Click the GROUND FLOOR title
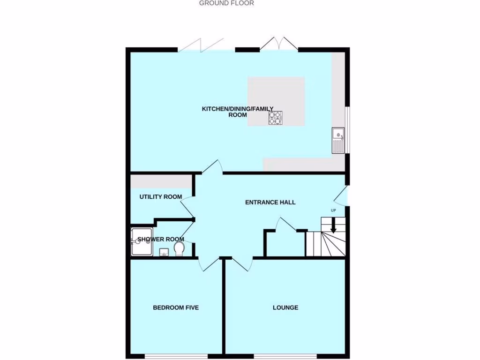tap(226, 3)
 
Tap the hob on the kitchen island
tap(275, 118)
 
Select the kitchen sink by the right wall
tap(338, 140)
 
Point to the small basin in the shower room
tap(164, 253)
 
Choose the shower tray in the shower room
tap(142, 242)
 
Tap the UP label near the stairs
tap(333, 210)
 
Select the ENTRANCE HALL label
tap(270, 202)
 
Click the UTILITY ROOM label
tap(160, 197)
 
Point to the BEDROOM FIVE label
tap(176, 307)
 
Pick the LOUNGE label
tap(285, 307)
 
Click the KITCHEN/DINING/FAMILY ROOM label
tap(237, 112)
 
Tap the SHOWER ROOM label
tap(161, 240)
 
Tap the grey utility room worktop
tap(161, 181)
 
